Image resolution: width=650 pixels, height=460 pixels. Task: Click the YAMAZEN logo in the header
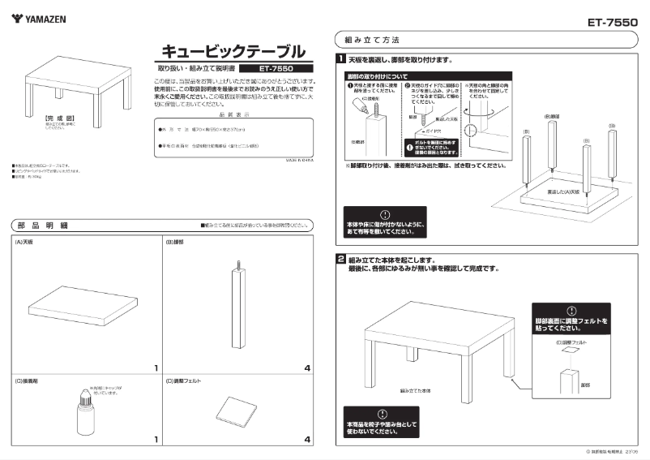39,17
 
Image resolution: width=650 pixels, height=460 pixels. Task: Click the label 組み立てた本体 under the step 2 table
415,390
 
